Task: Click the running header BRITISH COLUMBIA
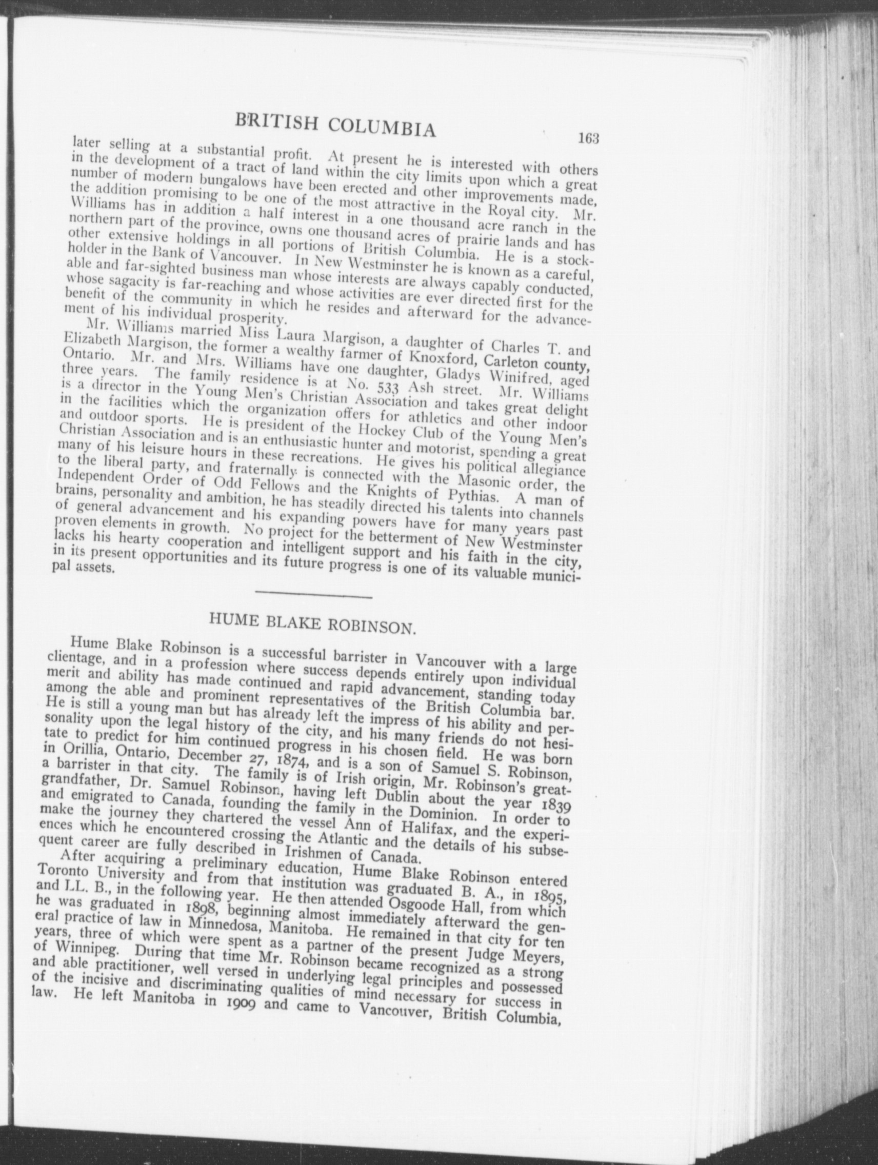[336, 124]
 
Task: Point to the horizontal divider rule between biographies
[314, 596]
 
